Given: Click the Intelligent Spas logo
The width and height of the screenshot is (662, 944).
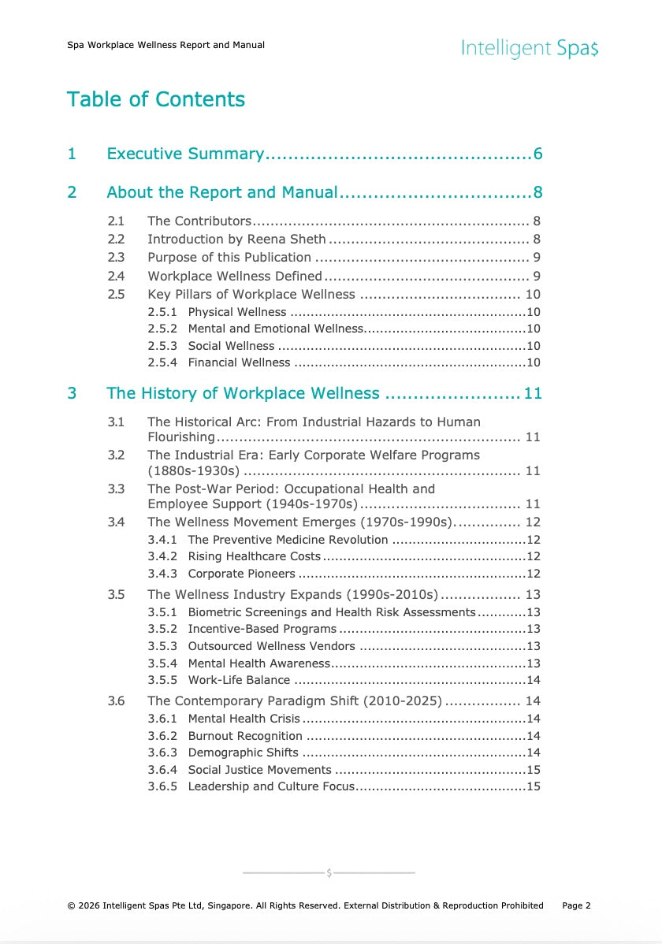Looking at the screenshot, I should point(530,49).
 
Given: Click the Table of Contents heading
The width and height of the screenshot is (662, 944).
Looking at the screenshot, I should point(156,99).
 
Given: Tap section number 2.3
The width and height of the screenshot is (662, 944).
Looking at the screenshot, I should point(116,258).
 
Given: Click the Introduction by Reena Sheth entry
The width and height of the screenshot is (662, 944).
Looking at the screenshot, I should point(236,240).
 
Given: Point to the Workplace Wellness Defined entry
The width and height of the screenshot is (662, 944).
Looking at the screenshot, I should point(235,276).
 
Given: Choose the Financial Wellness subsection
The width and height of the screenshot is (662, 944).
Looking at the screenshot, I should point(239,362).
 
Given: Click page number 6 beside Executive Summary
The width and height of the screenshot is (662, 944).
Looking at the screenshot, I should point(537,154).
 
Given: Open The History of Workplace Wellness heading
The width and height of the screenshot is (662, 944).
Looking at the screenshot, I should point(243,393).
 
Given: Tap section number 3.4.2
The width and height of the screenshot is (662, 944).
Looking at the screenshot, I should point(162,557).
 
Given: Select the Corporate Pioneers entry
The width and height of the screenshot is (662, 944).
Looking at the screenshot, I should point(241,574).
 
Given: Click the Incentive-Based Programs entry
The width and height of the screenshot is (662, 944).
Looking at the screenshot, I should point(262,629).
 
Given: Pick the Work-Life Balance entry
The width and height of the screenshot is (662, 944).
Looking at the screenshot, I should point(239,680).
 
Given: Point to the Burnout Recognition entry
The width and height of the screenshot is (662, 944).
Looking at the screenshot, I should point(245,736).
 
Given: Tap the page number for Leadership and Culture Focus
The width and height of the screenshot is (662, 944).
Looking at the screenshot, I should point(533,786).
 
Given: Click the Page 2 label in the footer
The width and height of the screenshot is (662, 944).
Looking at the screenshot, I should point(576,906).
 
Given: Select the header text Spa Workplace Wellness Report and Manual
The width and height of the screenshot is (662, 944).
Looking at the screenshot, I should point(165,45).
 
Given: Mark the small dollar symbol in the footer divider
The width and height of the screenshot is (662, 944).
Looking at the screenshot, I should point(329,873).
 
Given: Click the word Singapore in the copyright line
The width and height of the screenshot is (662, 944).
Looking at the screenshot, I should point(229,906).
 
